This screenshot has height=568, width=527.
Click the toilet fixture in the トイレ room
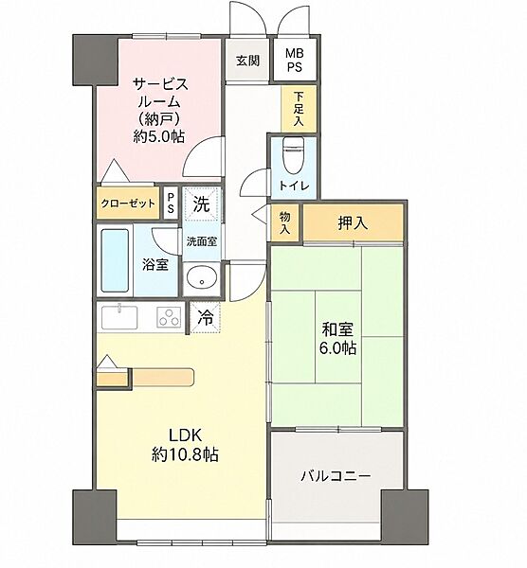293,155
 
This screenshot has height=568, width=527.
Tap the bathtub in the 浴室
115,260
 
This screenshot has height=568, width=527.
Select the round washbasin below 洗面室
202,278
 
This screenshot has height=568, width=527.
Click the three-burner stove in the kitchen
169,317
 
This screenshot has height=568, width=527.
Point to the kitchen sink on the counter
119,317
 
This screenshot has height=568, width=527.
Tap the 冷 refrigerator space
206,318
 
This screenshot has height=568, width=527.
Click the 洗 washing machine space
201,204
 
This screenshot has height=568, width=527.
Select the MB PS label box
295,60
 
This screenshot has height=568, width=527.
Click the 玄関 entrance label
247,61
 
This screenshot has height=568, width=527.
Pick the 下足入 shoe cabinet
299,109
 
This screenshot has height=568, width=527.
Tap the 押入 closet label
353,222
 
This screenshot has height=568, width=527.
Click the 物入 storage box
285,222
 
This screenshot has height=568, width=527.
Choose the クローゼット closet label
128,204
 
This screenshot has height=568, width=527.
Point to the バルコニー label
336,475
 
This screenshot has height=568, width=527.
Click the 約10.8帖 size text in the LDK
185,453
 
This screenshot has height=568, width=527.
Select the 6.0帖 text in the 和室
337,347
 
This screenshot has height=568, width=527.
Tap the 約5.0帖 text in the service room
159,136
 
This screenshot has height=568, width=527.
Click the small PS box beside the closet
171,203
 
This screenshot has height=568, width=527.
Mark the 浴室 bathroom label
155,264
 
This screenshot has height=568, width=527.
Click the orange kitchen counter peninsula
163,377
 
